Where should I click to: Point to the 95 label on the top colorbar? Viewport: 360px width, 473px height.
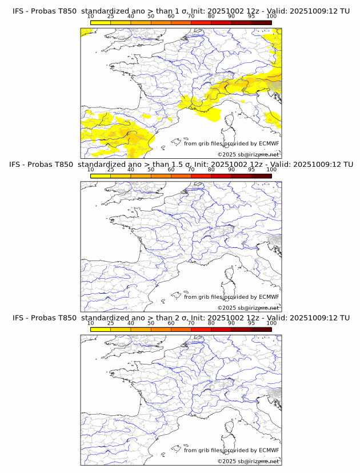tap(251, 16)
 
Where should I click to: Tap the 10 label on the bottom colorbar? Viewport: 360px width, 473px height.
tap(90, 323)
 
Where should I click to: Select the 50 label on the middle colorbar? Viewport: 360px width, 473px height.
tap(151, 170)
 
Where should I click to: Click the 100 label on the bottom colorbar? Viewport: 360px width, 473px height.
tap(271, 323)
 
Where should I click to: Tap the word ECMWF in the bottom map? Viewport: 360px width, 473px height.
tap(269, 450)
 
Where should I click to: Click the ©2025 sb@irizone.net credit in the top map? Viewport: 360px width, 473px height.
tap(248, 155)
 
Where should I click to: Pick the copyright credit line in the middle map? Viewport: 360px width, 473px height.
tap(248, 308)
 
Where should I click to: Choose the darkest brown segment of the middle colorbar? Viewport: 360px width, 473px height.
tap(261, 175)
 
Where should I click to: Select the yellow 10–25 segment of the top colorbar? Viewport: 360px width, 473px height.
tap(101, 22)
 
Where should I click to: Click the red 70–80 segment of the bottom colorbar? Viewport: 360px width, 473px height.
tap(201, 329)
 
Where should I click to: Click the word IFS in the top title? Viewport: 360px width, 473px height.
tap(19, 11)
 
